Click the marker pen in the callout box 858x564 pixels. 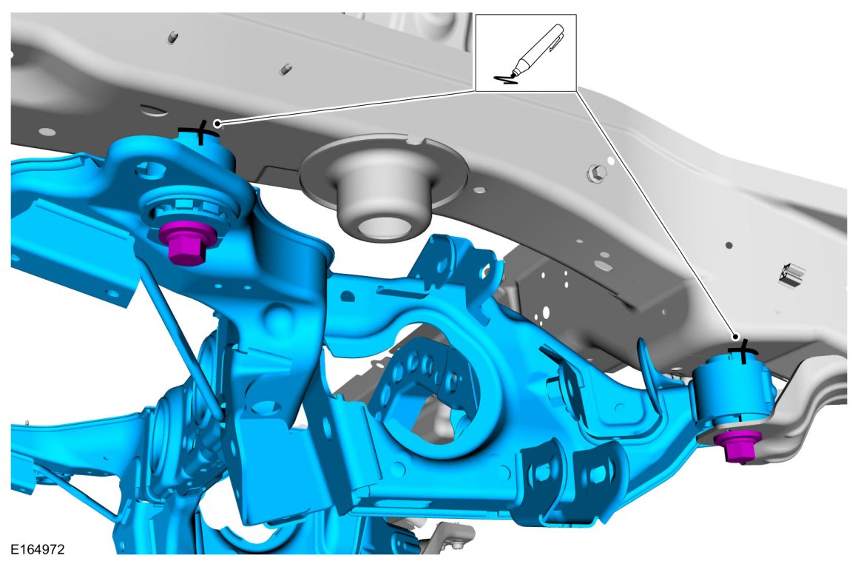pyautogui.click(x=538, y=51)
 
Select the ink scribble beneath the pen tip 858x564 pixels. pyautogui.click(x=505, y=80)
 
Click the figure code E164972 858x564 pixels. pyautogui.click(x=38, y=548)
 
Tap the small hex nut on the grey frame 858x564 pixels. pyautogui.click(x=597, y=174)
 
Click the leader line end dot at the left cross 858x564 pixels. pyautogui.click(x=217, y=123)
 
